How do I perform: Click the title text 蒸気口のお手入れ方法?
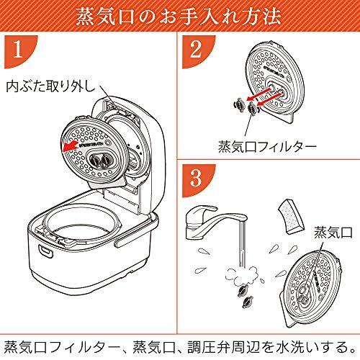[x=179, y=17]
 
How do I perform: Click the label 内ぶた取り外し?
[x=51, y=86]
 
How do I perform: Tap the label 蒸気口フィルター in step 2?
[x=267, y=146]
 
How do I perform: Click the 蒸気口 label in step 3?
[x=333, y=233]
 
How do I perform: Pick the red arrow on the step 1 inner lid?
[x=69, y=147]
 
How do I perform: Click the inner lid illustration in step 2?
[x=276, y=81]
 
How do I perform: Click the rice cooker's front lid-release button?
[x=45, y=251]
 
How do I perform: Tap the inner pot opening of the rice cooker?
[x=81, y=222]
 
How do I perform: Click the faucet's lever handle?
[x=206, y=211]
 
